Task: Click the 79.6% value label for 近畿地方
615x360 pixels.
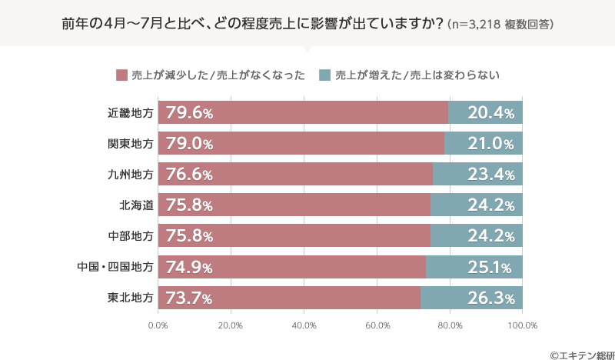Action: pyautogui.click(x=189, y=113)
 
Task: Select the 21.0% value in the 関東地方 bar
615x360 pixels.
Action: pyautogui.click(x=490, y=144)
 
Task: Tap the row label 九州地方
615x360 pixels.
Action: pyautogui.click(x=131, y=175)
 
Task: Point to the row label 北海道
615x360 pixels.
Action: pyautogui.click(x=136, y=205)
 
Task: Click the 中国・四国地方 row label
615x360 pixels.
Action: pyautogui.click(x=115, y=267)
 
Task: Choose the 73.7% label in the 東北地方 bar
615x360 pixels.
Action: pyautogui.click(x=189, y=298)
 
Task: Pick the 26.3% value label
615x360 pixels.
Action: pyautogui.click(x=490, y=298)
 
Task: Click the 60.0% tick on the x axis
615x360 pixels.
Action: pyautogui.click(x=377, y=325)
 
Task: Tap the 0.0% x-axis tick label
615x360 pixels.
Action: pyautogui.click(x=158, y=325)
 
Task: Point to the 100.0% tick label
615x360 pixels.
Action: pyautogui.click(x=522, y=325)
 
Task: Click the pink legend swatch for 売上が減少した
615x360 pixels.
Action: pyautogui.click(x=121, y=75)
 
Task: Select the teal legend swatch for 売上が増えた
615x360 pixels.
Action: pyautogui.click(x=324, y=75)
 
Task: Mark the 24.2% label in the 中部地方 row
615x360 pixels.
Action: pyautogui.click(x=490, y=236)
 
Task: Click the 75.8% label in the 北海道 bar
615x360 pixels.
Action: pyautogui.click(x=189, y=205)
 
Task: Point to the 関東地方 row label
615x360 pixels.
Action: pyautogui.click(x=131, y=144)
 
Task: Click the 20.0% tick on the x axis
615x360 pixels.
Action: pyautogui.click(x=231, y=325)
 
